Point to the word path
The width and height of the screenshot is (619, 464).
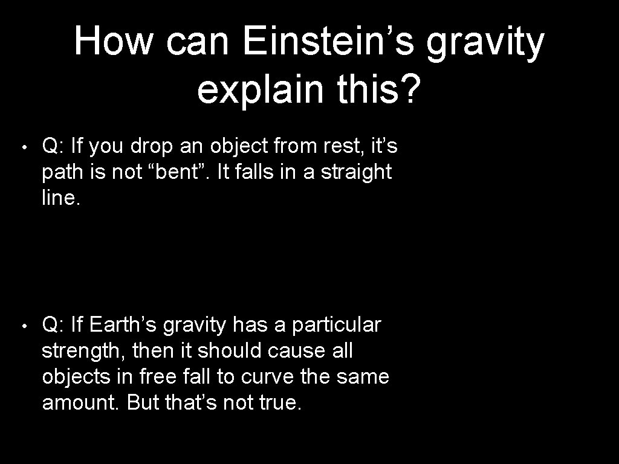click(62, 172)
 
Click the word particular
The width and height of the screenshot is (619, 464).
click(336, 324)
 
